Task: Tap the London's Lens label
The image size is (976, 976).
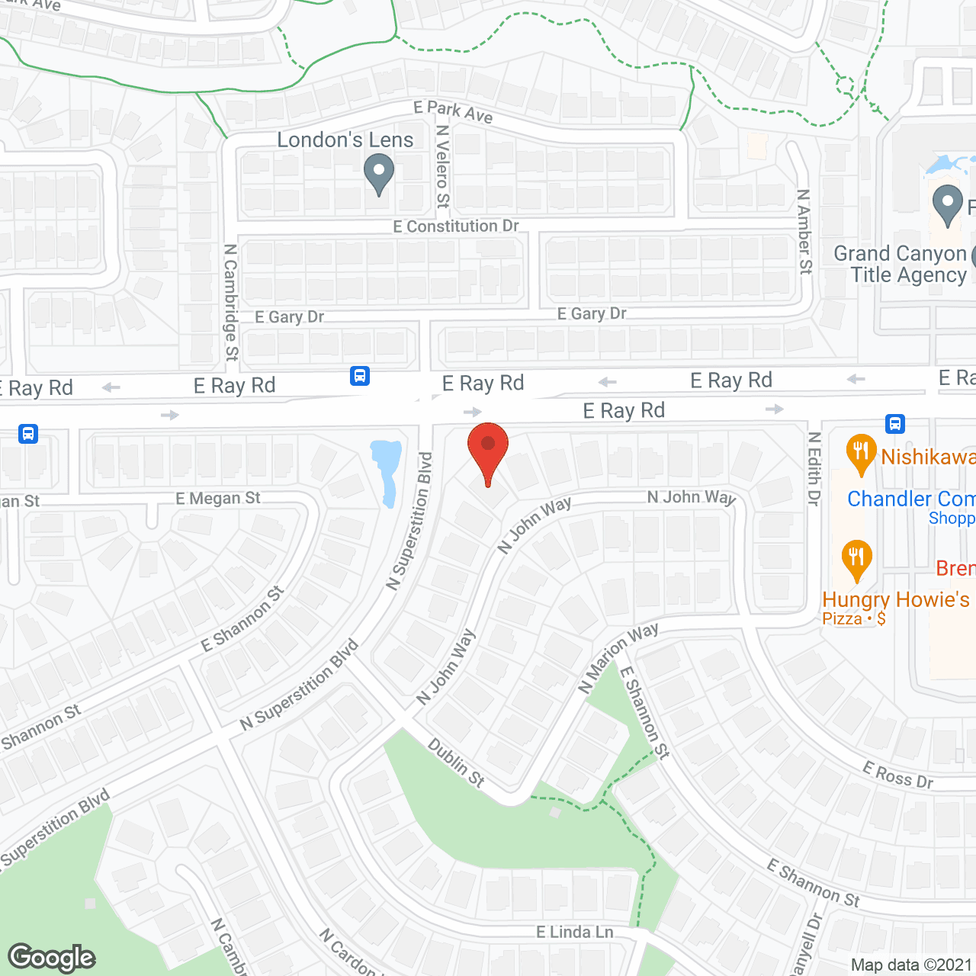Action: click(x=345, y=140)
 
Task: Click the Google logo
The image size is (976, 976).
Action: click(x=52, y=958)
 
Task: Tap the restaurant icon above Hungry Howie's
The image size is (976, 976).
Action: click(x=857, y=559)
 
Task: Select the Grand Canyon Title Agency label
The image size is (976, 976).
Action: click(x=900, y=264)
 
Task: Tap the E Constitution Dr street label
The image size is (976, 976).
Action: click(x=456, y=226)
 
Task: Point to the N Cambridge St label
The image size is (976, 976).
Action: click(x=231, y=302)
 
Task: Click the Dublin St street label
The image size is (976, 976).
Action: click(x=456, y=762)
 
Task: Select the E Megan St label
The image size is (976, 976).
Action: click(x=218, y=499)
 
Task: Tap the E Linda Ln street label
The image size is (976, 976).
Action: click(x=575, y=932)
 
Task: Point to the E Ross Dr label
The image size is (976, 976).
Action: click(x=898, y=775)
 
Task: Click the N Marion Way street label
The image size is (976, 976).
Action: click(x=618, y=657)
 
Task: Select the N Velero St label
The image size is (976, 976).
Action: click(x=442, y=166)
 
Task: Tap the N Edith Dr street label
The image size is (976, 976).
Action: click(x=814, y=469)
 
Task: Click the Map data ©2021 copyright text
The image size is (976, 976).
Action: click(x=912, y=965)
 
